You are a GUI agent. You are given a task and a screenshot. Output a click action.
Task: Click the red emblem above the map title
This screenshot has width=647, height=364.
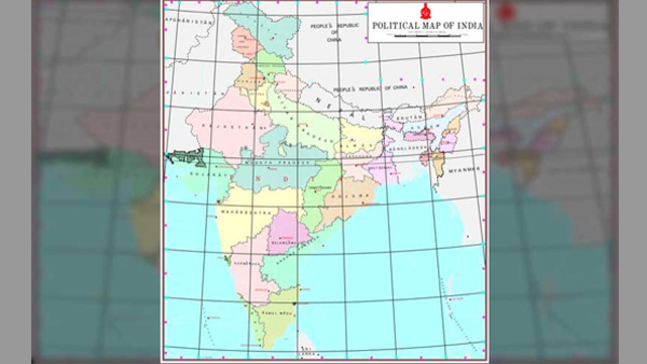coord(425,11)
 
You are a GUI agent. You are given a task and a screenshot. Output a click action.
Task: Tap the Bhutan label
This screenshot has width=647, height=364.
coord(407,117)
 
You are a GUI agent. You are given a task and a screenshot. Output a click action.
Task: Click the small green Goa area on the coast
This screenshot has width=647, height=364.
coord(229,261)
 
